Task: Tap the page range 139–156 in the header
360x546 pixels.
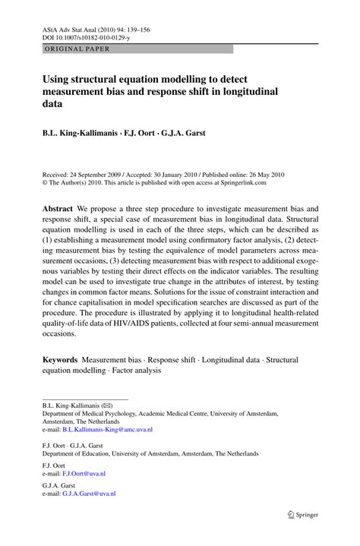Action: (135, 29)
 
